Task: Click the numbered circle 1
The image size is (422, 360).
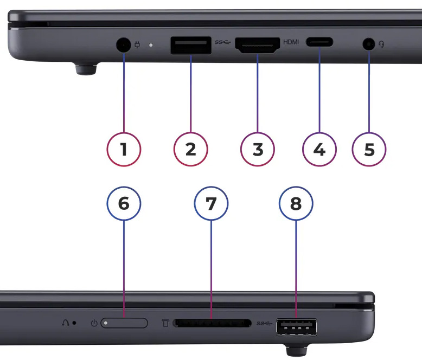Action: (x=124, y=149)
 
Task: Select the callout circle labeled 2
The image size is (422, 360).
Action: (x=190, y=149)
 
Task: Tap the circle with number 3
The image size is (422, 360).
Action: (x=258, y=149)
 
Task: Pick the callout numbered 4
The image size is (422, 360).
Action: (x=319, y=149)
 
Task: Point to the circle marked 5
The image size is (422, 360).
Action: (x=369, y=149)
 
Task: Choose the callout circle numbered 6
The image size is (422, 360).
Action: (x=124, y=203)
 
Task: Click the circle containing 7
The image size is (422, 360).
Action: (x=211, y=203)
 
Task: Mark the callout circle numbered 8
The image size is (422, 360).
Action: (x=296, y=203)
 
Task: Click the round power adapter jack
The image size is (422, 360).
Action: (x=124, y=44)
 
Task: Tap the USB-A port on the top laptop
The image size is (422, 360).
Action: (x=191, y=46)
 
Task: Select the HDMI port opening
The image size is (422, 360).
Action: (x=258, y=45)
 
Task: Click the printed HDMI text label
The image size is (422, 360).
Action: (x=291, y=42)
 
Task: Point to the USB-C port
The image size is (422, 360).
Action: (x=319, y=42)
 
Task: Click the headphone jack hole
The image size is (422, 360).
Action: (x=369, y=44)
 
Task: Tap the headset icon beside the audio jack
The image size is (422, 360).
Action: (x=381, y=44)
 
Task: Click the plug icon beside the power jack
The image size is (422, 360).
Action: (x=137, y=44)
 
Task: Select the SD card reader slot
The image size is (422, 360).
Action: (x=212, y=323)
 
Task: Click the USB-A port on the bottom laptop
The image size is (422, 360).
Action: (x=297, y=327)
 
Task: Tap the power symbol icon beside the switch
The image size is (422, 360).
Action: (x=94, y=323)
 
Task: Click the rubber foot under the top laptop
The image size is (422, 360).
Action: (x=86, y=69)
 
